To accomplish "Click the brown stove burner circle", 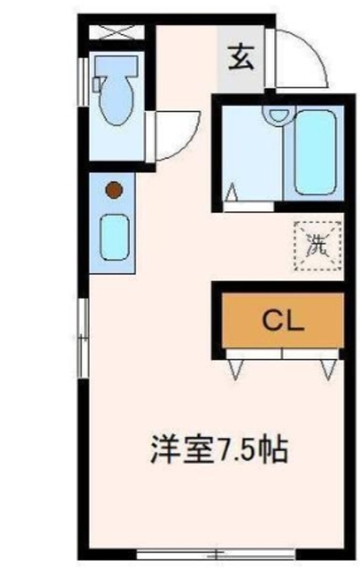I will [113, 190].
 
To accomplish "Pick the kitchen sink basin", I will [114, 236].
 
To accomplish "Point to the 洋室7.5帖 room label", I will [217, 449].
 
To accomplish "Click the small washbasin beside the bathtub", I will [279, 115].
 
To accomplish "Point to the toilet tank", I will [117, 69].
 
